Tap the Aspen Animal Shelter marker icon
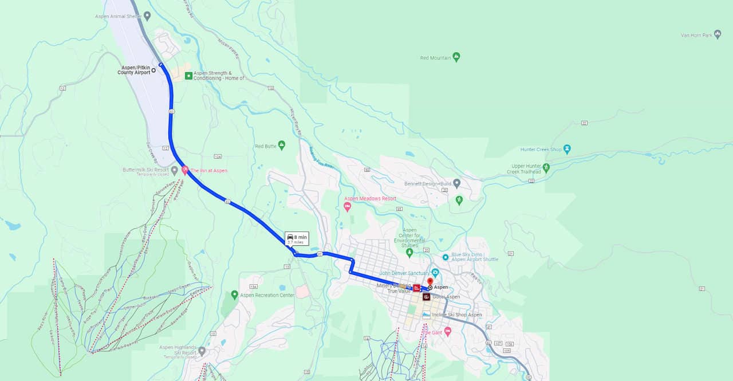pos(147,15)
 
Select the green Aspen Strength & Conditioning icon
pos(188,76)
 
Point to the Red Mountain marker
pos(456,57)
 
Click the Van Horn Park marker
pos(718,34)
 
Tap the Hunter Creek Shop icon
pos(567,149)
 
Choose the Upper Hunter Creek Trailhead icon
pos(546,168)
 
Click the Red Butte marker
pos(281,146)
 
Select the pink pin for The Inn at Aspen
pos(185,170)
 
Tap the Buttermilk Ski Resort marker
pos(174,170)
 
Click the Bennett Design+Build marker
pos(456,183)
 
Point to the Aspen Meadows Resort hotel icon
pos(347,205)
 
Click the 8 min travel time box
pos(297,238)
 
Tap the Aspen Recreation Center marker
pos(234,294)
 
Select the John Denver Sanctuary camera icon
pos(435,272)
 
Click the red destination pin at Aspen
pos(430,281)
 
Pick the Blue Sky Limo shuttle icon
pos(445,257)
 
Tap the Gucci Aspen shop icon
pos(426,297)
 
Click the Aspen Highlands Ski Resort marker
pos(202,351)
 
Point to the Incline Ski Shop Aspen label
pos(456,315)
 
